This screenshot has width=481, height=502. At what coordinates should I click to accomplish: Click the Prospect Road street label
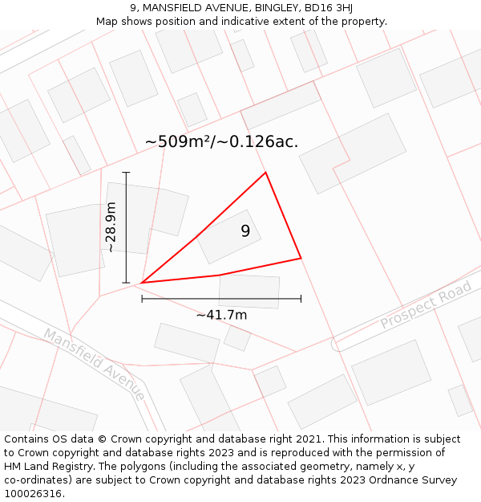[x=426, y=305]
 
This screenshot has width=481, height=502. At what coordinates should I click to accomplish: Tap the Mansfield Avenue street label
[x=94, y=364]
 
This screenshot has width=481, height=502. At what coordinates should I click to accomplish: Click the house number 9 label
[x=245, y=231]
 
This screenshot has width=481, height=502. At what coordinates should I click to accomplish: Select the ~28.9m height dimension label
[x=111, y=228]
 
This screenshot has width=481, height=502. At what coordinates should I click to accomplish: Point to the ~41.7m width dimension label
[x=221, y=315]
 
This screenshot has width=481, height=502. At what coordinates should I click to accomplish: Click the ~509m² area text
[x=180, y=142]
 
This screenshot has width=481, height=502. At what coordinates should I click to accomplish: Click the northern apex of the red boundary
[x=265, y=172]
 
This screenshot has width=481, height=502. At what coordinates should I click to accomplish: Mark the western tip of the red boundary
[x=141, y=283]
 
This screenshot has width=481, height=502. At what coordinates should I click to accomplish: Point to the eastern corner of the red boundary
[x=301, y=258]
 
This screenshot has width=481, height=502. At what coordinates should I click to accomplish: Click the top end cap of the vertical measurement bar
[x=126, y=172]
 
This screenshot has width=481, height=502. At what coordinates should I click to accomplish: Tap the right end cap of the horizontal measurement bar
[x=301, y=299]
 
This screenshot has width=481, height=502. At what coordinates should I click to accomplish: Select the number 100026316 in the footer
[x=32, y=494]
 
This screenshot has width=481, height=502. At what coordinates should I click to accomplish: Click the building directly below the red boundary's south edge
[x=249, y=291]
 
